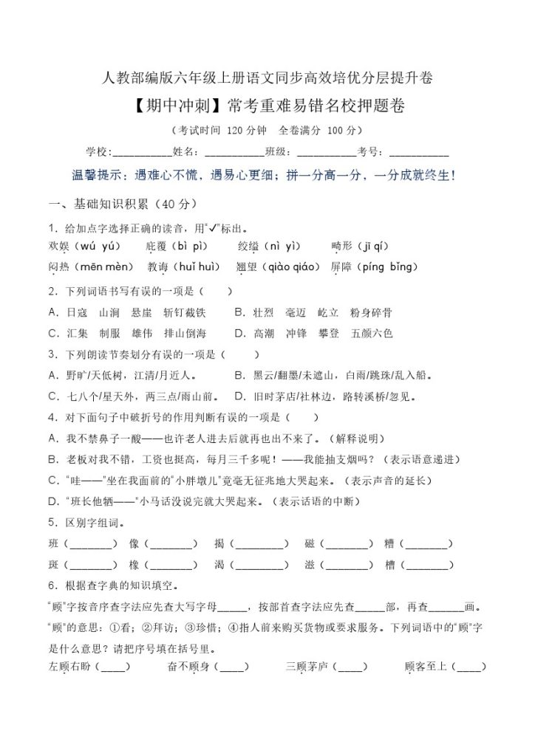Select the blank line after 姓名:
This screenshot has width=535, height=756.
pyautogui.click(x=234, y=153)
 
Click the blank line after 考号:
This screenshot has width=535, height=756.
pyautogui.click(x=418, y=153)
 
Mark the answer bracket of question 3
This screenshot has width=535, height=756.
pyautogui.click(x=239, y=354)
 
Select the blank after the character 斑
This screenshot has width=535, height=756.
pyautogui.click(x=92, y=566)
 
